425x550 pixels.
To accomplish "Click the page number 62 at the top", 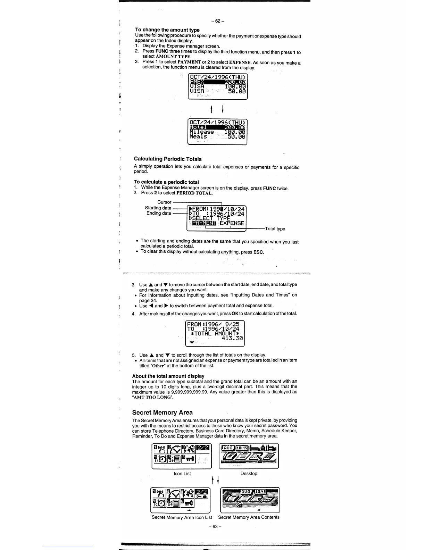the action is click(217, 21).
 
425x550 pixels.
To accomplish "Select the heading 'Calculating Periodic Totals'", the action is click(168, 159).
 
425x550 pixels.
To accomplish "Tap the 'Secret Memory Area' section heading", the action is click(162, 412).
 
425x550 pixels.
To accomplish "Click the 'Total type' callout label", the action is click(275, 229).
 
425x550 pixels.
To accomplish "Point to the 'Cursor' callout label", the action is click(164, 202).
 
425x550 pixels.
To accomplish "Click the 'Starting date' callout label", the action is click(158, 208).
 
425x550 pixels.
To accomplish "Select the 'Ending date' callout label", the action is click(159, 213).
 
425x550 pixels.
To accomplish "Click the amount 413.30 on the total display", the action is click(232, 338).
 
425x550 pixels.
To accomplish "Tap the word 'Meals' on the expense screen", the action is click(198, 137).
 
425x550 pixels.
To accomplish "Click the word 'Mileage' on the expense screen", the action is click(202, 132).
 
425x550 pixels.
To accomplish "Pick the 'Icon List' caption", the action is click(182, 474).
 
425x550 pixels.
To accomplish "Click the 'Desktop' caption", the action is click(249, 474).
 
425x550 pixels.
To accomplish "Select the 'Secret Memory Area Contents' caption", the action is click(249, 517).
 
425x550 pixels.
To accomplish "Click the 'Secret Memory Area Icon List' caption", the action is click(182, 517).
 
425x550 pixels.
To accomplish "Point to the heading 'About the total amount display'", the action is click(168, 376).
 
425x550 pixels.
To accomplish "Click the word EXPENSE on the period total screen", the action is click(232, 223).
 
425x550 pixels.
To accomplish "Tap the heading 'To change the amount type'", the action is click(167, 30).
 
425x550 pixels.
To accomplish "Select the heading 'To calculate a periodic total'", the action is click(166, 182).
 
